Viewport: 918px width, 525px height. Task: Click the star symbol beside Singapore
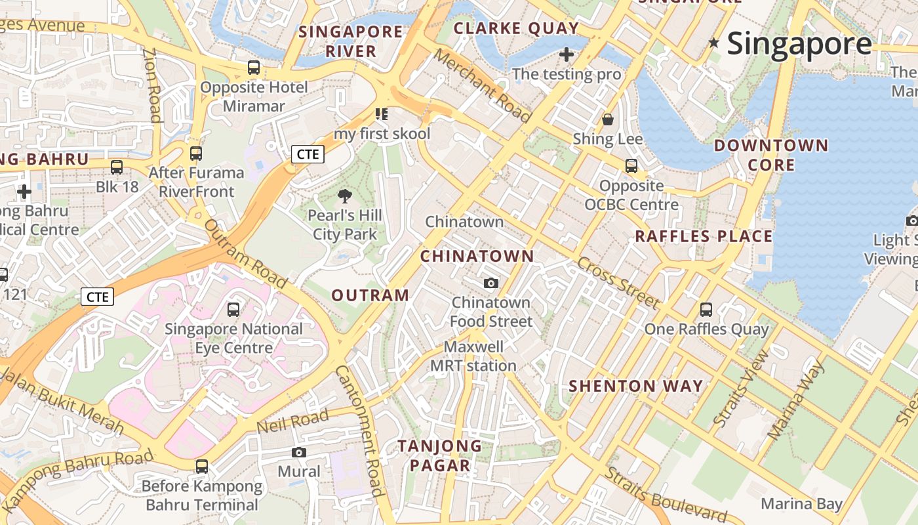[714, 43]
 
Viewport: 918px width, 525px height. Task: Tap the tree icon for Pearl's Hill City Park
[344, 196]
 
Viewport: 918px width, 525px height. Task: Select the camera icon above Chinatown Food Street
[490, 283]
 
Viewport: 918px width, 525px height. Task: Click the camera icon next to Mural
[299, 453]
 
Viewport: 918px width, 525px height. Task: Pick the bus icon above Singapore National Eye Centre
[233, 310]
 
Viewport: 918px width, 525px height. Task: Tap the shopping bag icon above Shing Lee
[608, 119]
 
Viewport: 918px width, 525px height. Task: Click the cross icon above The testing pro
[567, 54]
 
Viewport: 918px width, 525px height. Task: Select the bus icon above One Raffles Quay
[706, 310]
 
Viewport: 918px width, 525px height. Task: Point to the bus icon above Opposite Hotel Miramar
[254, 68]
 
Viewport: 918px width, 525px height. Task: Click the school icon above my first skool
[382, 115]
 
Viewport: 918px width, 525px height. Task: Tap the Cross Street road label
[618, 282]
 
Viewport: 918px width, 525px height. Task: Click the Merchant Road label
[482, 86]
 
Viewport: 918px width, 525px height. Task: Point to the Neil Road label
[292, 421]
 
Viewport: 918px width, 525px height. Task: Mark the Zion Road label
[152, 85]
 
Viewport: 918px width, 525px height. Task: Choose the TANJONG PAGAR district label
[440, 455]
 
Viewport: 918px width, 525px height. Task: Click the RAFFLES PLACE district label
[704, 236]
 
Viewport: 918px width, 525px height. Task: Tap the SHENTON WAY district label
[635, 386]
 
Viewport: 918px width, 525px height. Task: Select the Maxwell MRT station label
[473, 356]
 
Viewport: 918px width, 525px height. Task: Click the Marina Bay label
[801, 504]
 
